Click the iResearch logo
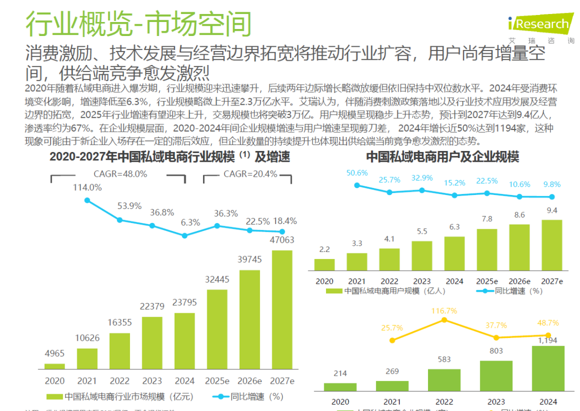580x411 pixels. (539, 25)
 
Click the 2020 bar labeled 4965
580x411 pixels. (54, 366)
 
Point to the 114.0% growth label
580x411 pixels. (88, 188)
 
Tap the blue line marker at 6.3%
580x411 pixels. (185, 235)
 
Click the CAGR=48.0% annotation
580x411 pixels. (120, 174)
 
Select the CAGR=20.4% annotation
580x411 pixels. (250, 174)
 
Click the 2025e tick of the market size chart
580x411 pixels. (217, 381)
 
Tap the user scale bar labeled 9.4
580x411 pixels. (552, 244)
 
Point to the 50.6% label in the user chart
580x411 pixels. (357, 173)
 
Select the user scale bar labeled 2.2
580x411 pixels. (324, 264)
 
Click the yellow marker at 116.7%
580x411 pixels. (444, 320)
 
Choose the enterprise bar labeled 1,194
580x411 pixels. (548, 368)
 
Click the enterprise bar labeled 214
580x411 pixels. (340, 386)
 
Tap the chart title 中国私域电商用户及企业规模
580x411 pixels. (442, 157)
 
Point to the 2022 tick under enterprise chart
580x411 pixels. (444, 401)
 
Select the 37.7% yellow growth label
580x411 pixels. (496, 326)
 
